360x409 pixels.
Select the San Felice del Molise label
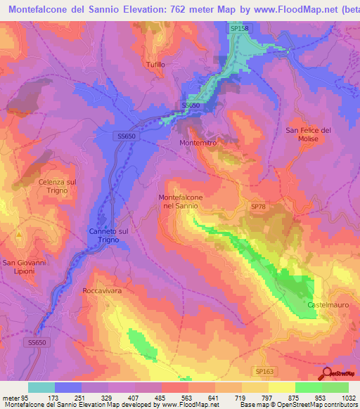(x=307, y=134)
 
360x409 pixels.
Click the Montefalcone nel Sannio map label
(x=181, y=202)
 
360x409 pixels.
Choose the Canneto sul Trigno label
(x=108, y=235)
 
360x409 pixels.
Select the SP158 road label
(x=240, y=27)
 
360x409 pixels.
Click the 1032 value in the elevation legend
(x=349, y=397)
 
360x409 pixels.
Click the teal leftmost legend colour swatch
(x=41, y=387)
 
